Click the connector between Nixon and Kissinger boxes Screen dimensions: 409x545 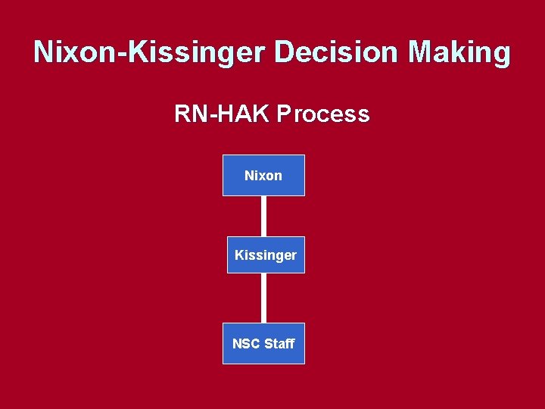(264, 216)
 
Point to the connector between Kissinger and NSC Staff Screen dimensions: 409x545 (264, 298)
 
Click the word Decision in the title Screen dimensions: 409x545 (338, 52)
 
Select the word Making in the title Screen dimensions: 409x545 (459, 52)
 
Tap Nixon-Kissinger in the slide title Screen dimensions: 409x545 (151, 52)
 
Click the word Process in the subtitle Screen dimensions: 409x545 (323, 114)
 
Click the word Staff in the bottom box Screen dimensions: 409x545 (279, 344)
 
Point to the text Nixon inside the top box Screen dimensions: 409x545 (263, 176)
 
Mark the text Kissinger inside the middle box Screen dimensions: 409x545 (266, 255)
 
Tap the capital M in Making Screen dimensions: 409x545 (422, 52)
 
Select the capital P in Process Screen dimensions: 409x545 (283, 114)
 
